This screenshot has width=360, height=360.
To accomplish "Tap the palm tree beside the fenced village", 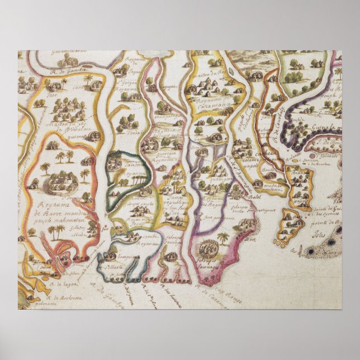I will coord(224,238).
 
